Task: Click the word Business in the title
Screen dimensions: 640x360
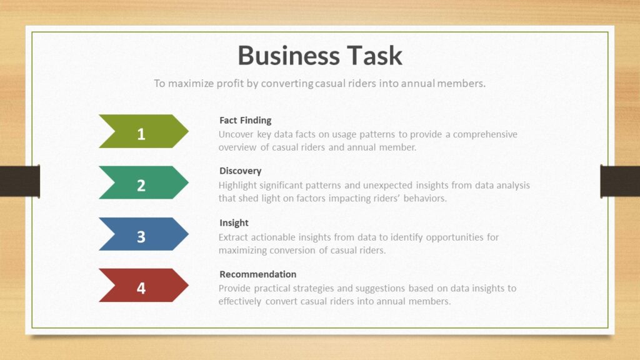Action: (289, 56)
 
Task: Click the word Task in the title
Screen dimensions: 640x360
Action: (375, 56)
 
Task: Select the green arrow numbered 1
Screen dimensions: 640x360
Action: (144, 131)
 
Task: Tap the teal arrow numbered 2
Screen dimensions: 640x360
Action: (144, 182)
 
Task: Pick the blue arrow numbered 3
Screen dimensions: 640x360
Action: (144, 234)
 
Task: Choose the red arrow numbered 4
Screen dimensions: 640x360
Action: (144, 285)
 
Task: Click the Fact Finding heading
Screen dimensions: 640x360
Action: (245, 121)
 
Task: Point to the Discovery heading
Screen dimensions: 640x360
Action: (241, 171)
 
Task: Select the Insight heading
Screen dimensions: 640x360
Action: (234, 223)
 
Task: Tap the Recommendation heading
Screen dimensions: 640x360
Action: (258, 274)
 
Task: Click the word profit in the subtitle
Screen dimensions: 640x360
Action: (230, 84)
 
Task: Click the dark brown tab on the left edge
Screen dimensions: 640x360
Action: (20, 181)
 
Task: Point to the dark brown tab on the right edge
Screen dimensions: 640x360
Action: (620, 181)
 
